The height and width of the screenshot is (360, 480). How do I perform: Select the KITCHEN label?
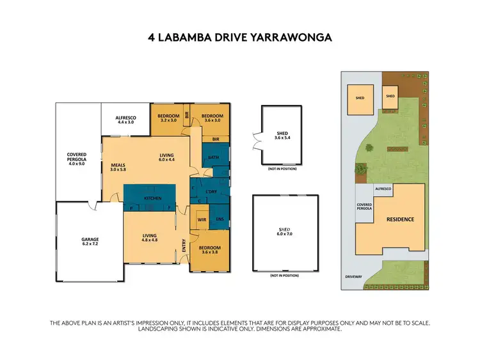pos(152,199)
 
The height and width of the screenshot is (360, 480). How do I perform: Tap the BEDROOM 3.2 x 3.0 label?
pos(168,118)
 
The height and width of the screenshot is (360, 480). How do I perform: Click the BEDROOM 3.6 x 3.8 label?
pos(209,250)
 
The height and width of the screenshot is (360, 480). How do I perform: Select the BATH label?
pos(213,157)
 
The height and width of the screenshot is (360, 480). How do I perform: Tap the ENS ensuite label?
pos(219,219)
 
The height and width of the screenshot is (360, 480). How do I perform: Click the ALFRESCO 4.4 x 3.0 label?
pos(127,120)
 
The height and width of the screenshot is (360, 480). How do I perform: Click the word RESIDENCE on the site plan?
pos(400,219)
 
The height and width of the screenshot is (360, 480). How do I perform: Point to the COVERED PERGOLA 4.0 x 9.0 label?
pos(76,159)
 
